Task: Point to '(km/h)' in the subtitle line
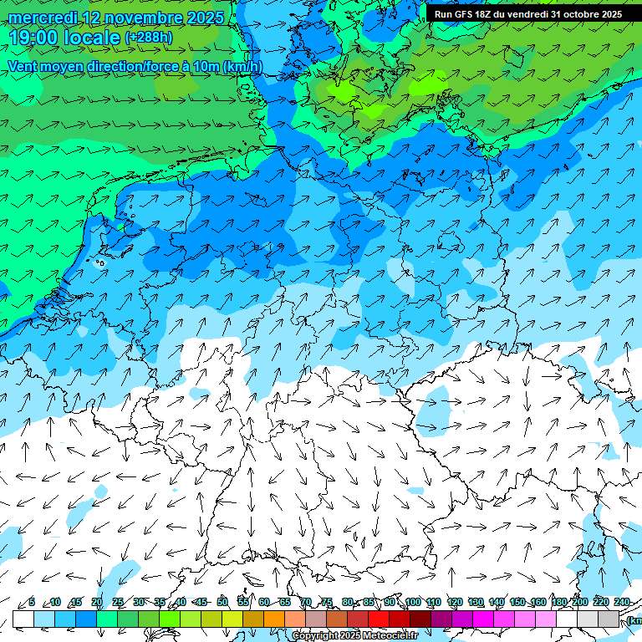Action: [x=242, y=67]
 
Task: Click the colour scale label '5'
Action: [x=32, y=602]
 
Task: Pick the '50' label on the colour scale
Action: [x=222, y=602]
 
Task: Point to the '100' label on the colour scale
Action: [x=412, y=602]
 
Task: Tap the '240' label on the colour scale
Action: [x=622, y=602]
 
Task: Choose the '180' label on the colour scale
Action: [x=559, y=602]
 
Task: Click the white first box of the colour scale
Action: [x=23, y=619]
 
